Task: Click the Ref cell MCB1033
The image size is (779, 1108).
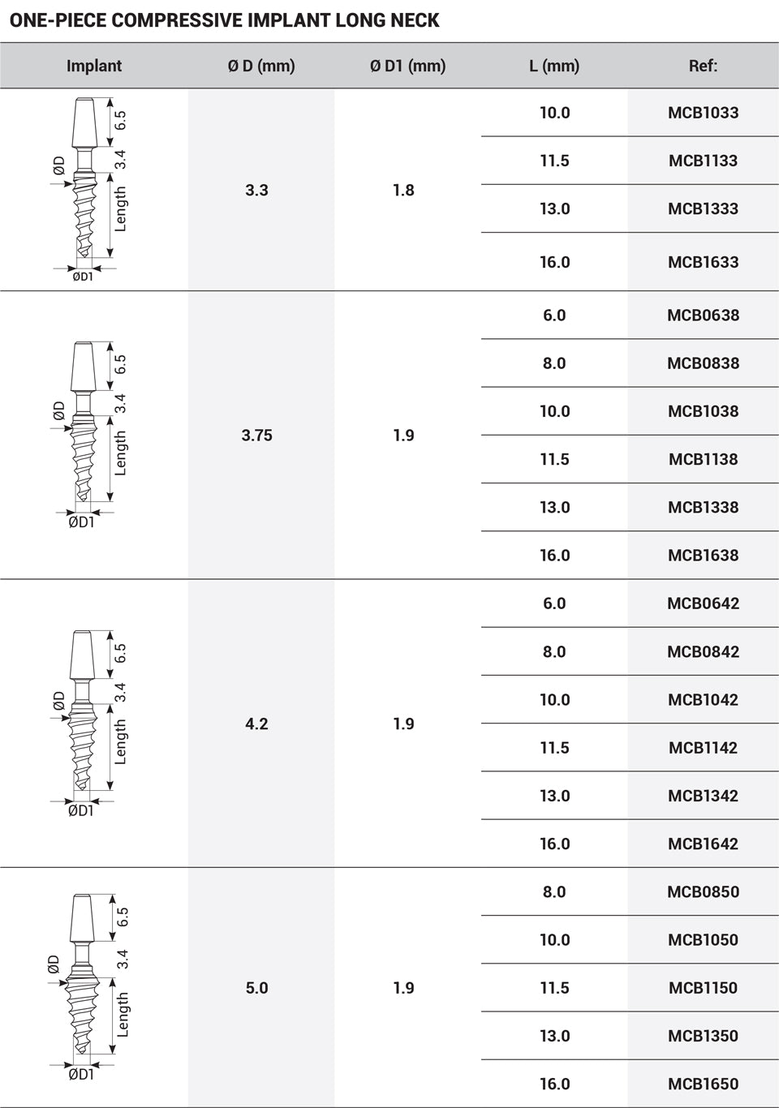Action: coord(703,113)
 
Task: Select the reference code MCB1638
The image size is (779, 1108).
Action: coord(703,556)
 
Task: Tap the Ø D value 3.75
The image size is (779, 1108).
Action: coord(256,436)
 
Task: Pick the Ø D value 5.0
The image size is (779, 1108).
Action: coord(256,988)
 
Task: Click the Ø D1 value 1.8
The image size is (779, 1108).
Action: coord(403,190)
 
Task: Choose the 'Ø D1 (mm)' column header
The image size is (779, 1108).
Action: coord(407,66)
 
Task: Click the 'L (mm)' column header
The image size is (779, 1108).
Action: coord(554,66)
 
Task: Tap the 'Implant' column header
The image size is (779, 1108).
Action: coord(94,66)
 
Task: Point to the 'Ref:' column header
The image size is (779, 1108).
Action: coord(703,66)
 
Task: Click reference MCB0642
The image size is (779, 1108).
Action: coord(703,603)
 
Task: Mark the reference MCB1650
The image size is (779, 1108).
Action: coord(703,1084)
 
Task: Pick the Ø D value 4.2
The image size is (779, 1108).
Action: coord(256,724)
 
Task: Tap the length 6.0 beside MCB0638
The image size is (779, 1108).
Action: coord(554,316)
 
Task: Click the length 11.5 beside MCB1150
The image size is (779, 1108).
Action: coord(554,988)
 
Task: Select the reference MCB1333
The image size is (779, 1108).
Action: coord(703,208)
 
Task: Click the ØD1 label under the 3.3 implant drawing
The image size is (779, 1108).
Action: coord(82,277)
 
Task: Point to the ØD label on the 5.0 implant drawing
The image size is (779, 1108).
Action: coord(54,964)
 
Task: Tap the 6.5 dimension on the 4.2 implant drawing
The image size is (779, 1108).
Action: coord(121,653)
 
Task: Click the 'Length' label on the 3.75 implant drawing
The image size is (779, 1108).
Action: coord(121,453)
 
